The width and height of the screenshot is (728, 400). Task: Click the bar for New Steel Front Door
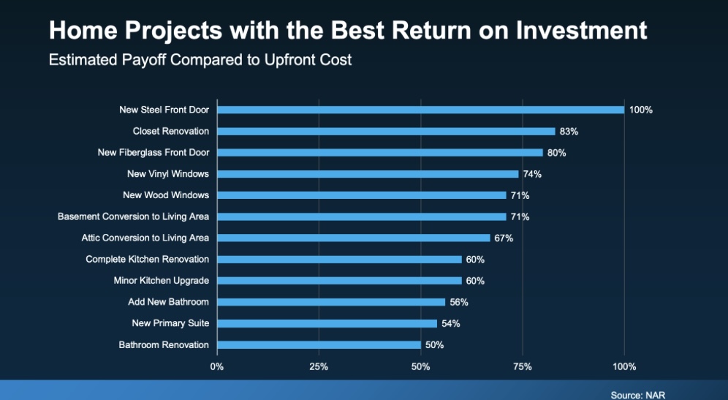pos(420,110)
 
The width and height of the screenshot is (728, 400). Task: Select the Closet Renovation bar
pos(386,132)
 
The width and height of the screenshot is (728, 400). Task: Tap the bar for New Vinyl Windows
pos(368,174)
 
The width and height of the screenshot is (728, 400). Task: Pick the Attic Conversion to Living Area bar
pos(354,238)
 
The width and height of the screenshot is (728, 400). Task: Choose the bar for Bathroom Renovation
pos(319,344)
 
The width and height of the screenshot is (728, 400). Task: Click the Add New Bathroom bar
pos(331,302)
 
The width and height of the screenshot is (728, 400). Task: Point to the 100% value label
pos(641,110)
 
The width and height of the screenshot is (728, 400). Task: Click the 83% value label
pos(569,132)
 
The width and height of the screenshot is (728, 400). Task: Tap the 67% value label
pos(504,238)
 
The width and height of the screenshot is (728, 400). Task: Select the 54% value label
pos(451,323)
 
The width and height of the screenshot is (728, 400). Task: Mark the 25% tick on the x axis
pos(319,366)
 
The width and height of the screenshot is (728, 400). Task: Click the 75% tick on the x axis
pos(523,366)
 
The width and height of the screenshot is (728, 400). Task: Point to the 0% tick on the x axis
pos(217,366)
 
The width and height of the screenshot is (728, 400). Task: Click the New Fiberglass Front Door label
pos(153,152)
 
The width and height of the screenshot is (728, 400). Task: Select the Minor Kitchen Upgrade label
pos(161,281)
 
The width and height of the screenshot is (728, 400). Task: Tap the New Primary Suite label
pos(170,323)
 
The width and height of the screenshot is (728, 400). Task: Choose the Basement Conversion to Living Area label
pos(133,216)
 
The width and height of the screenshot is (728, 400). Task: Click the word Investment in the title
pos(581,30)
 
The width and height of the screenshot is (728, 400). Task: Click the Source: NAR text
pos(638,396)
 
